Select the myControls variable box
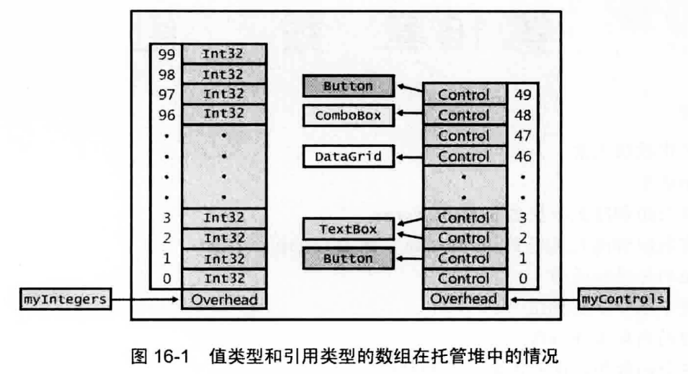tap(622, 298)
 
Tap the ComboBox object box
tap(347, 115)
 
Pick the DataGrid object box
tap(347, 156)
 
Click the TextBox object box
tap(347, 229)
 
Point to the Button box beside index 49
tap(348, 86)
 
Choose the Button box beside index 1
tap(348, 258)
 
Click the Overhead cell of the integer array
tap(224, 299)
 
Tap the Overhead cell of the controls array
tap(464, 299)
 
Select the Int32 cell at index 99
tap(224, 53)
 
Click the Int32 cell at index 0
tap(224, 278)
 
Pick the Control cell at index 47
tap(464, 135)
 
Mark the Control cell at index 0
tap(464, 278)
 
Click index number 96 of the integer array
tap(166, 114)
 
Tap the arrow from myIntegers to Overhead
tap(148, 298)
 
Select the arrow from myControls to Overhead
tap(544, 298)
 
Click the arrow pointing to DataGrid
tap(411, 156)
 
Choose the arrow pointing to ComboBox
tap(411, 115)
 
